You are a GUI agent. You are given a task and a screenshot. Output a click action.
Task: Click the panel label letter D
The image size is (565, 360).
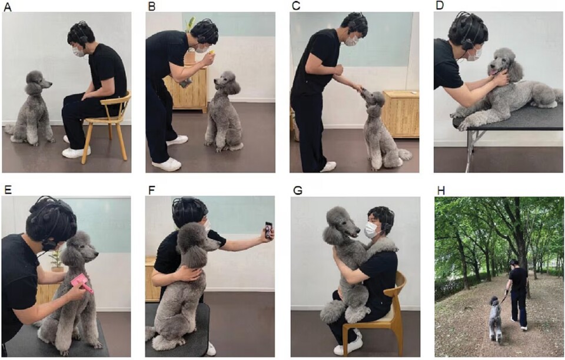[438, 6]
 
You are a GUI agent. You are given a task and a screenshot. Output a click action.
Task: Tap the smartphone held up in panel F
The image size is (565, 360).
[268, 230]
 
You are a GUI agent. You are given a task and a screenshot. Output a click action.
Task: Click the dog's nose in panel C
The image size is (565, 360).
[363, 91]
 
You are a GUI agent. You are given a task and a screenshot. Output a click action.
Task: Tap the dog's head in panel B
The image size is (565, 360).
[228, 84]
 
